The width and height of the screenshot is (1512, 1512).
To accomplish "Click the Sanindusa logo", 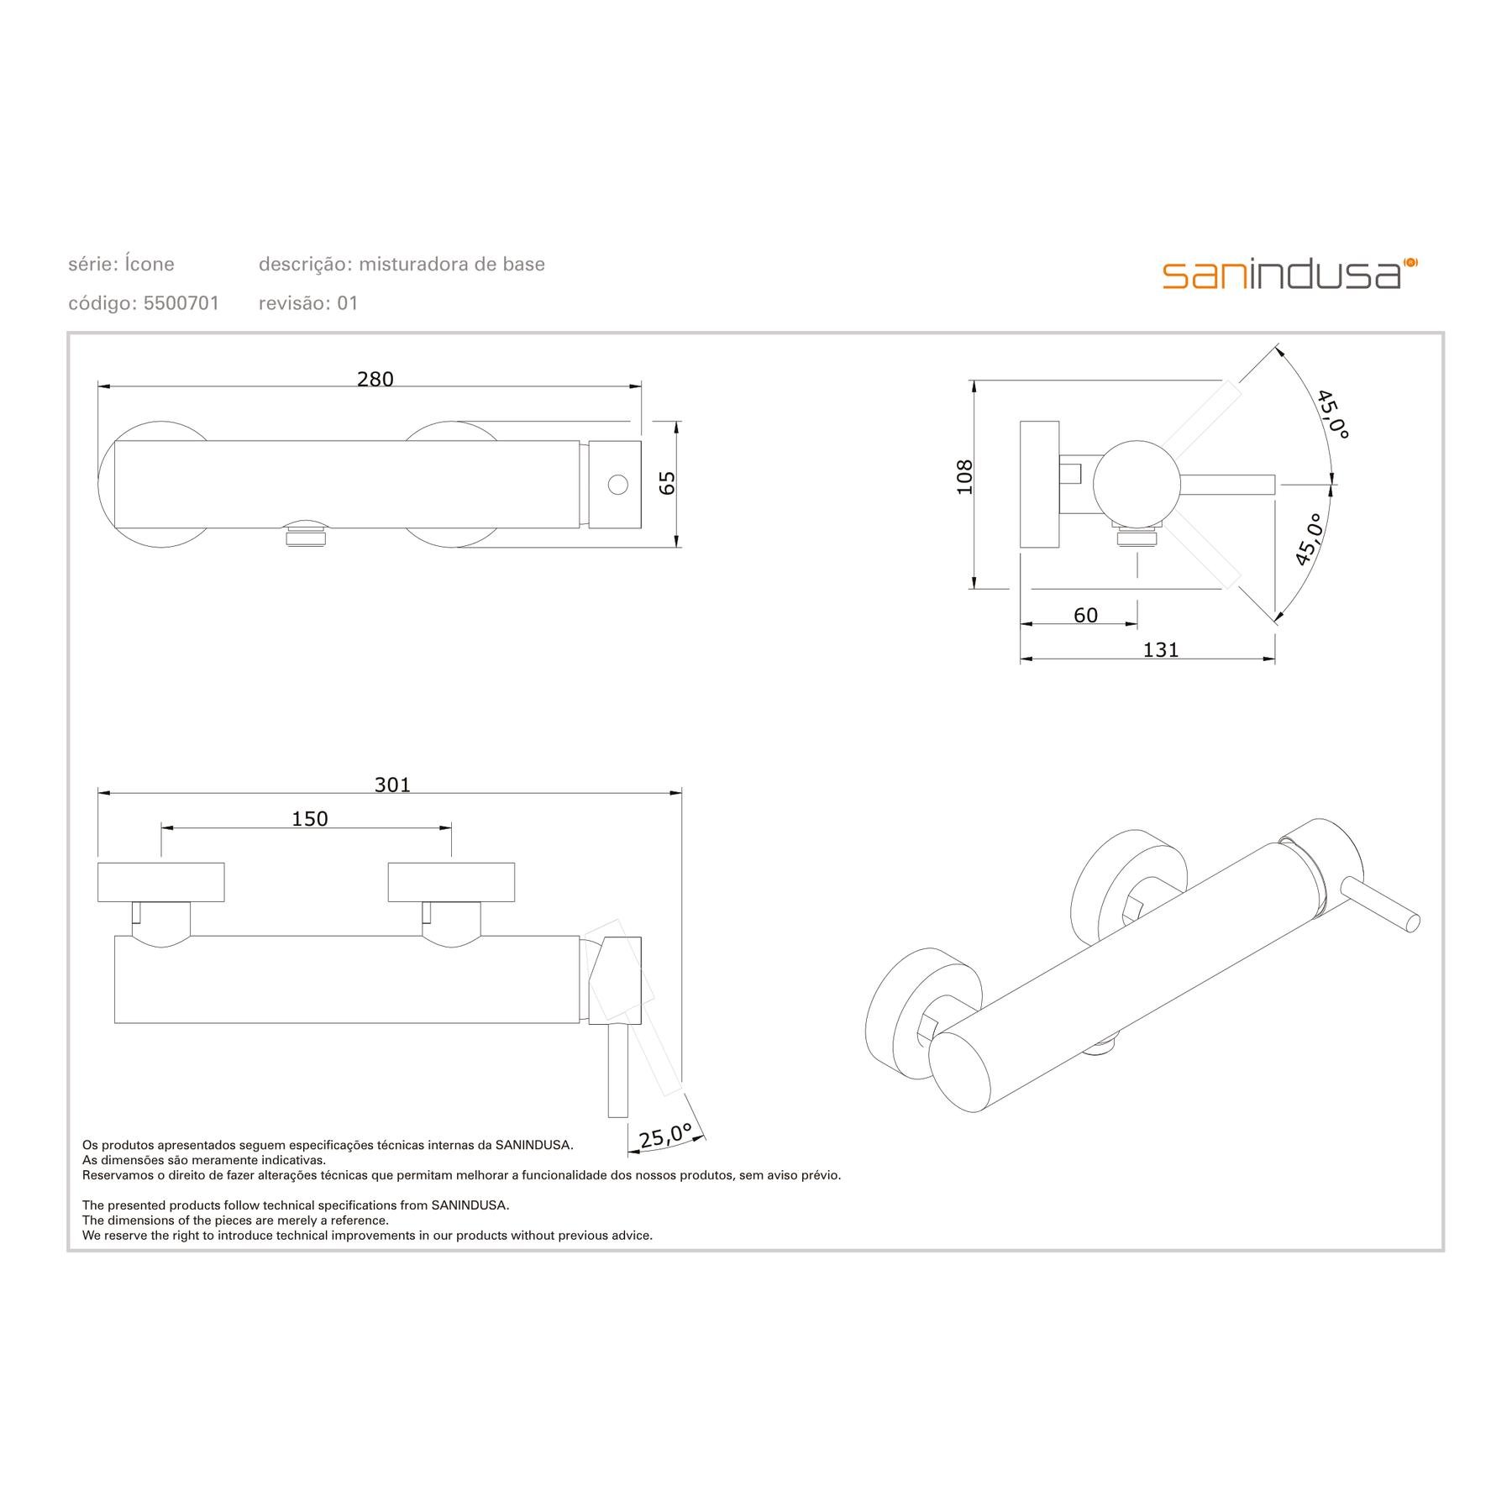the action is pos(1290,274).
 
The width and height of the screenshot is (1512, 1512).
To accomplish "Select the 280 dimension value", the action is pos(375,380).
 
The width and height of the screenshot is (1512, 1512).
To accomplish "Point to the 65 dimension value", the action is pos(667,483).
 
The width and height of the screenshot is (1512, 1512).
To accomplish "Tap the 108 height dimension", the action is pos(964,476).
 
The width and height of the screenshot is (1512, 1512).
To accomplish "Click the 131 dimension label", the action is pos(1161,649).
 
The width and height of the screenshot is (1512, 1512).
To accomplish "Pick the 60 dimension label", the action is pos(1085,616).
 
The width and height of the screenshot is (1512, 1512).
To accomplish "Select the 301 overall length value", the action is pos(392,785).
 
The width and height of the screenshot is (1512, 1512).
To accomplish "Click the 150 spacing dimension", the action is pos(310,818).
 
